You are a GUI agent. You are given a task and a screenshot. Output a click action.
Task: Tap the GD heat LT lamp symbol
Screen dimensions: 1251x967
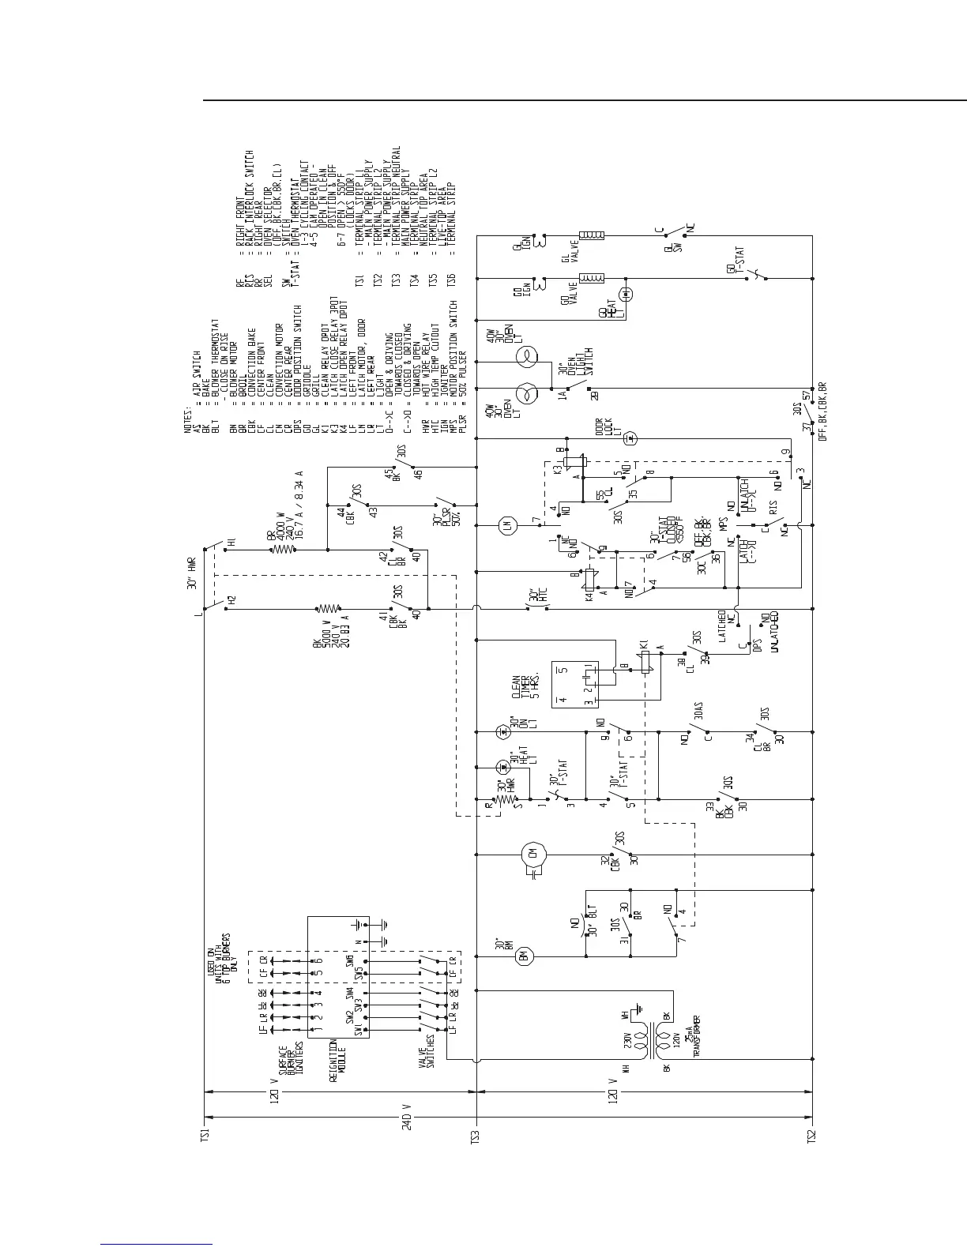[626, 295]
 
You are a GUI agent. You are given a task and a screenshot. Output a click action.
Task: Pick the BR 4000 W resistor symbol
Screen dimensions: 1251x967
[284, 548]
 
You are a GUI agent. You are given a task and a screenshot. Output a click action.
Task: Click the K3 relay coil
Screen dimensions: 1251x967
[578, 467]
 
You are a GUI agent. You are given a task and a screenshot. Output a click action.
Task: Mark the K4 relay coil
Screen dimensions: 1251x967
[589, 582]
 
